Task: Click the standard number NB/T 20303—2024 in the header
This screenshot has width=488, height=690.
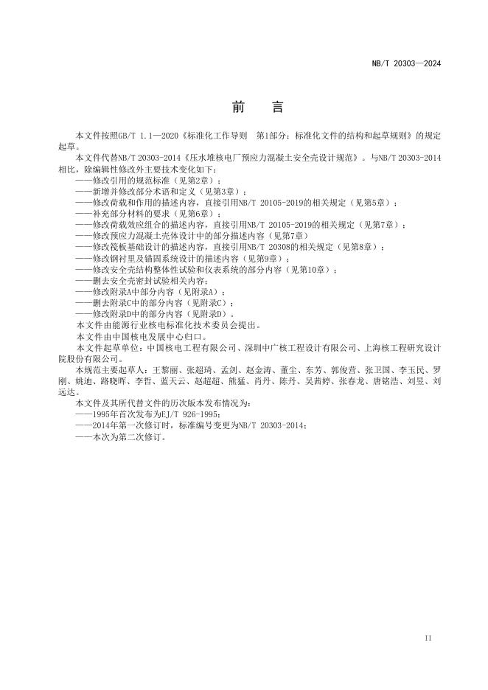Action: pos(416,63)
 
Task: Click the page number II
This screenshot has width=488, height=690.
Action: pos(428,637)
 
